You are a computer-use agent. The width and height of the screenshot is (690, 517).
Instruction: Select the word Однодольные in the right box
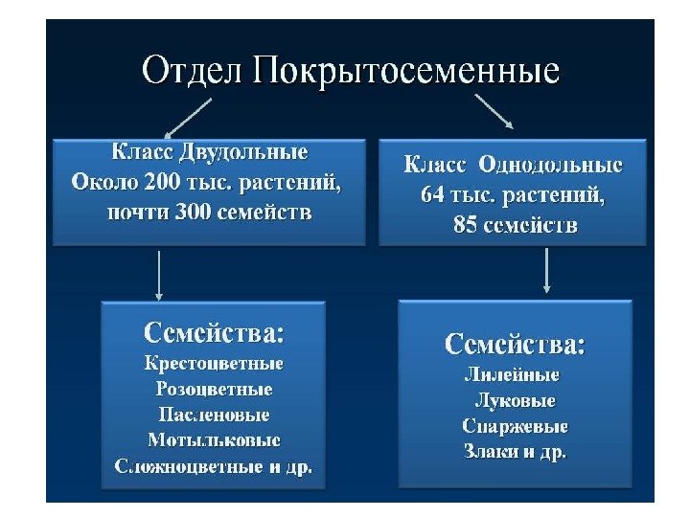click(560, 165)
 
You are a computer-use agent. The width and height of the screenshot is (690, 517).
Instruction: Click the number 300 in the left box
click(193, 211)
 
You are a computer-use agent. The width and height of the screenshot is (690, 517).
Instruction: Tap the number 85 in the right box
click(469, 226)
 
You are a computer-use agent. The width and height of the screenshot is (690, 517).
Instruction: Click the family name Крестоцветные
click(214, 364)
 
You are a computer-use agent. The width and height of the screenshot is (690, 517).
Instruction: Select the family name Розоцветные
click(214, 390)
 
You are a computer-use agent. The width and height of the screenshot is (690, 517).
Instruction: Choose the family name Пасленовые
click(214, 416)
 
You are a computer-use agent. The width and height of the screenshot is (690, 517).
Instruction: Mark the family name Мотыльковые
click(214, 441)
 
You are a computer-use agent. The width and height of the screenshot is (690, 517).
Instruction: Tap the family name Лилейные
click(506, 374)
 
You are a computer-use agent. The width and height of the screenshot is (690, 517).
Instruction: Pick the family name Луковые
click(515, 400)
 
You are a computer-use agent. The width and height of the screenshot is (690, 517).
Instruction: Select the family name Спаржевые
click(515, 426)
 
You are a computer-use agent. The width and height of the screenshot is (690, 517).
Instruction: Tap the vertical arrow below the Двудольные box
click(159, 274)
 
